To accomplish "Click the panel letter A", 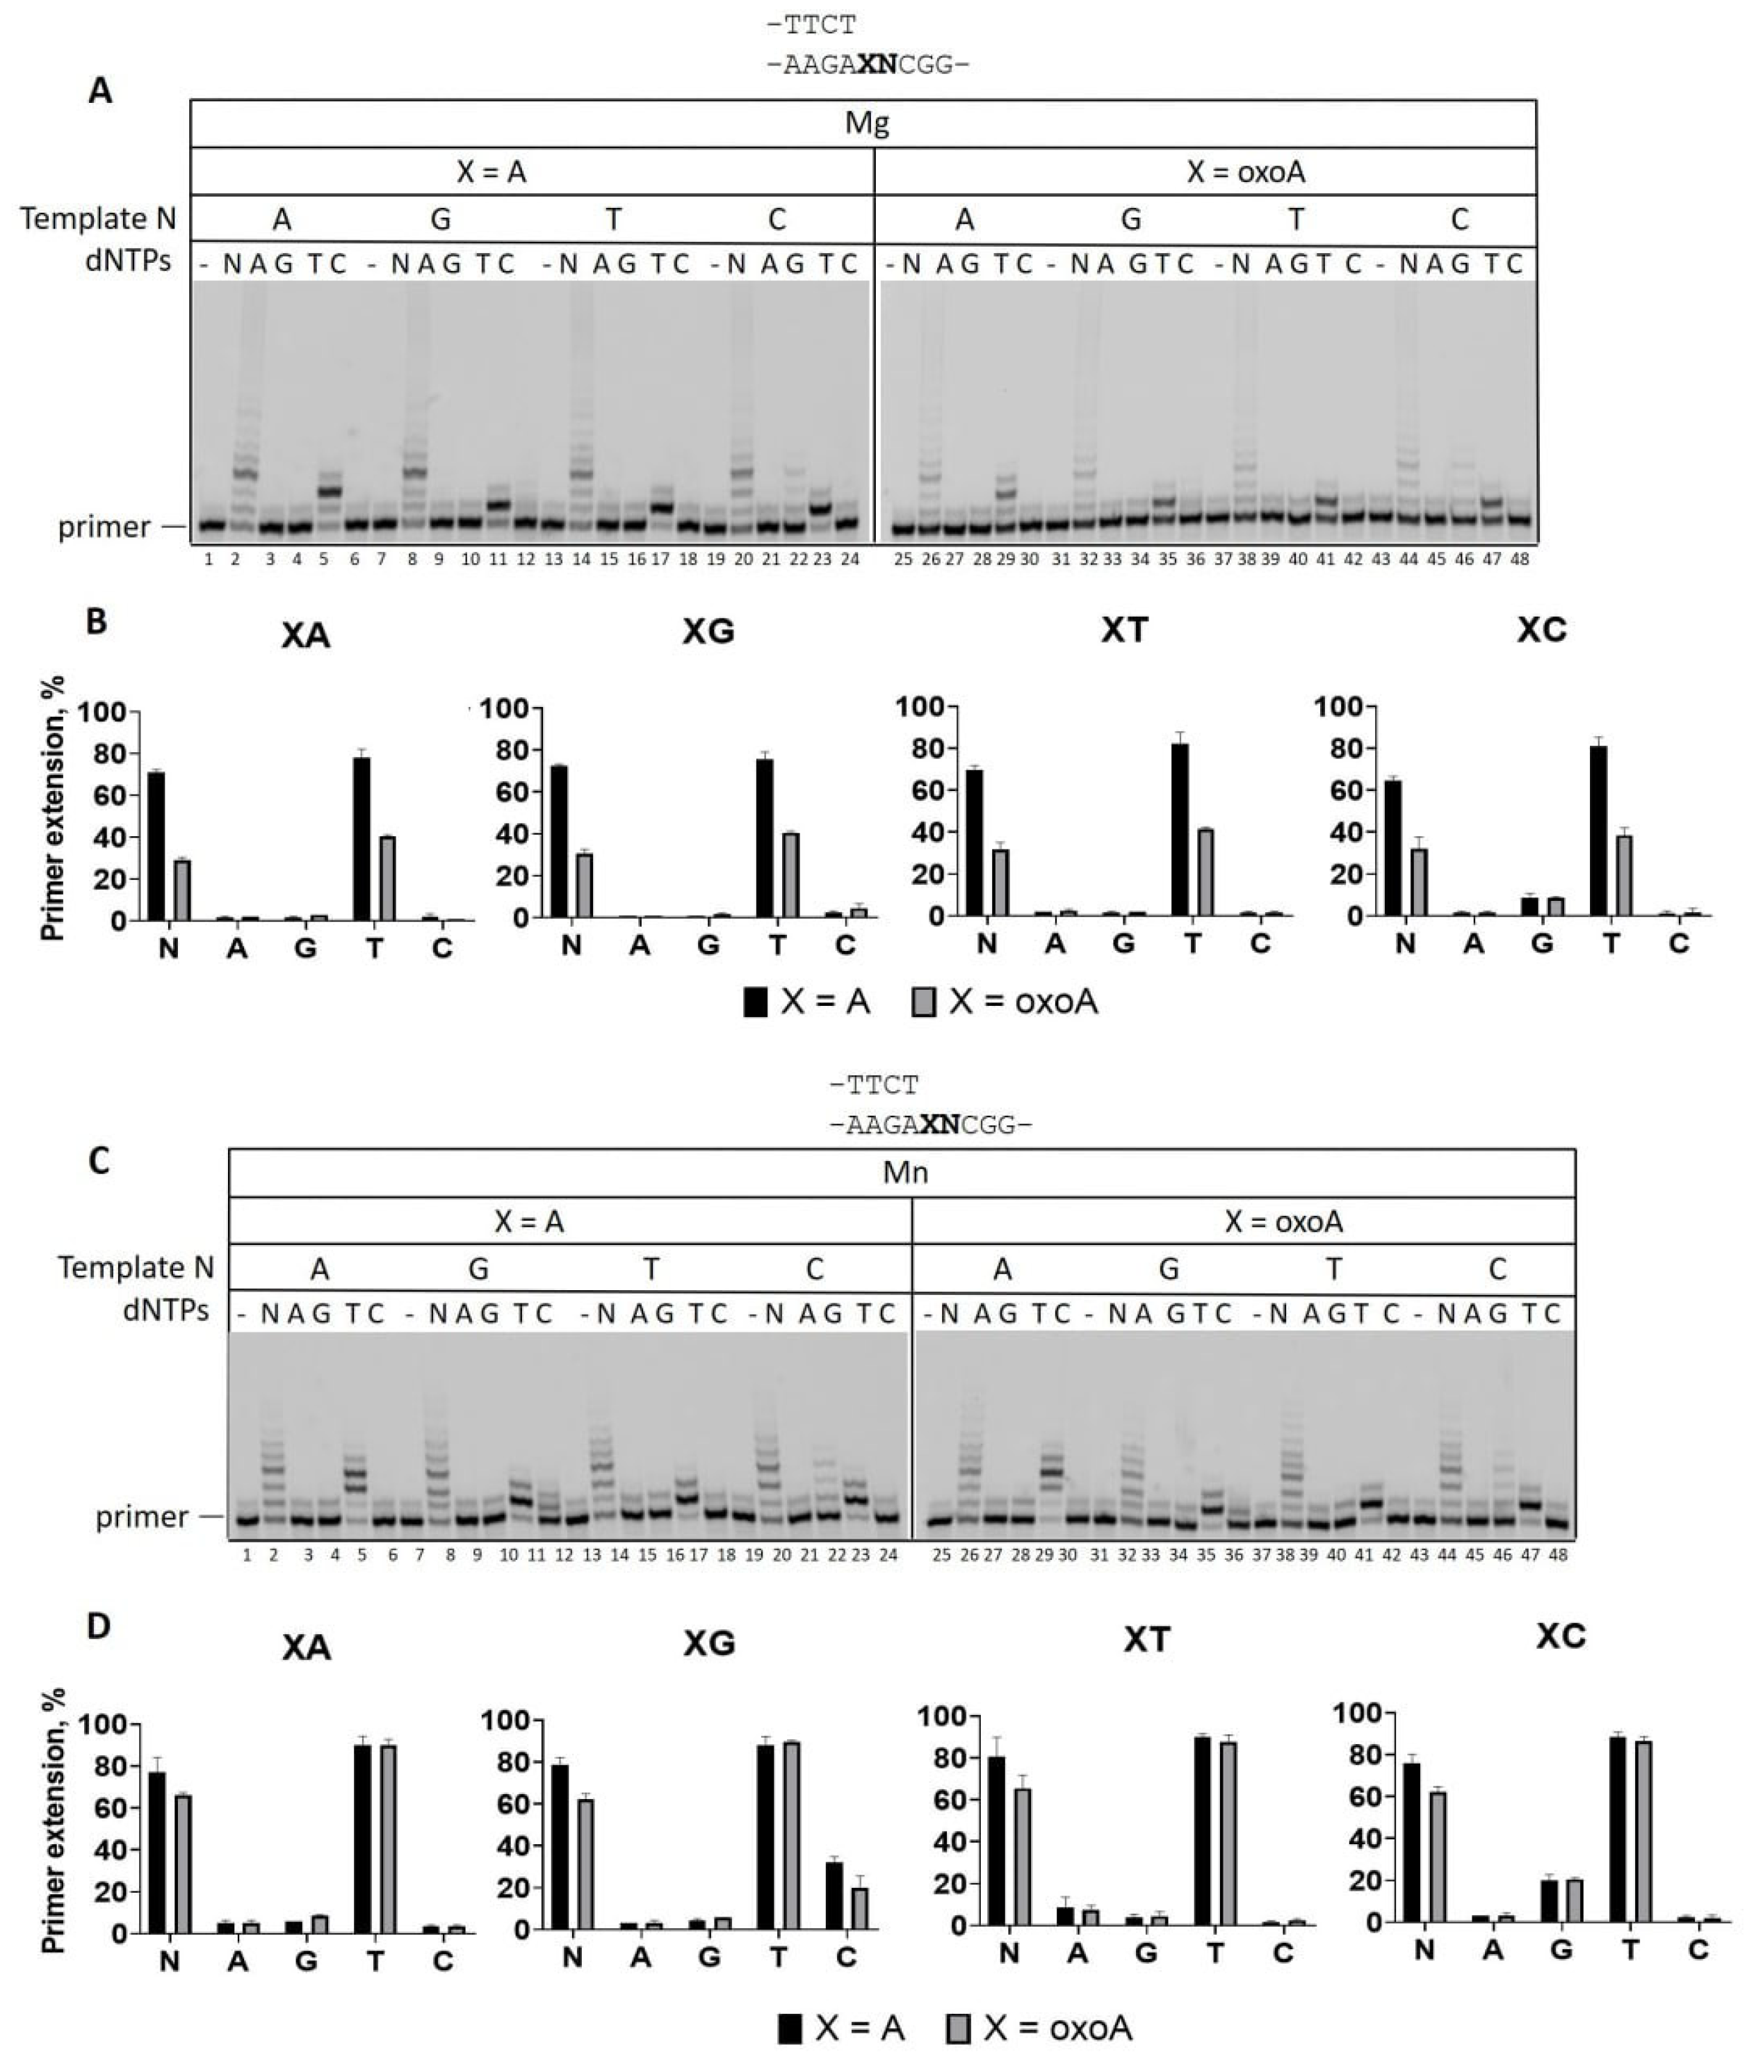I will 100,91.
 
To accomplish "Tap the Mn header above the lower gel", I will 904,1173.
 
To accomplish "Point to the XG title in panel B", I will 708,631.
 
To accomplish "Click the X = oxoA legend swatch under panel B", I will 923,1003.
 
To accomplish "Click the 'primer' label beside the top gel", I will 104,527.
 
